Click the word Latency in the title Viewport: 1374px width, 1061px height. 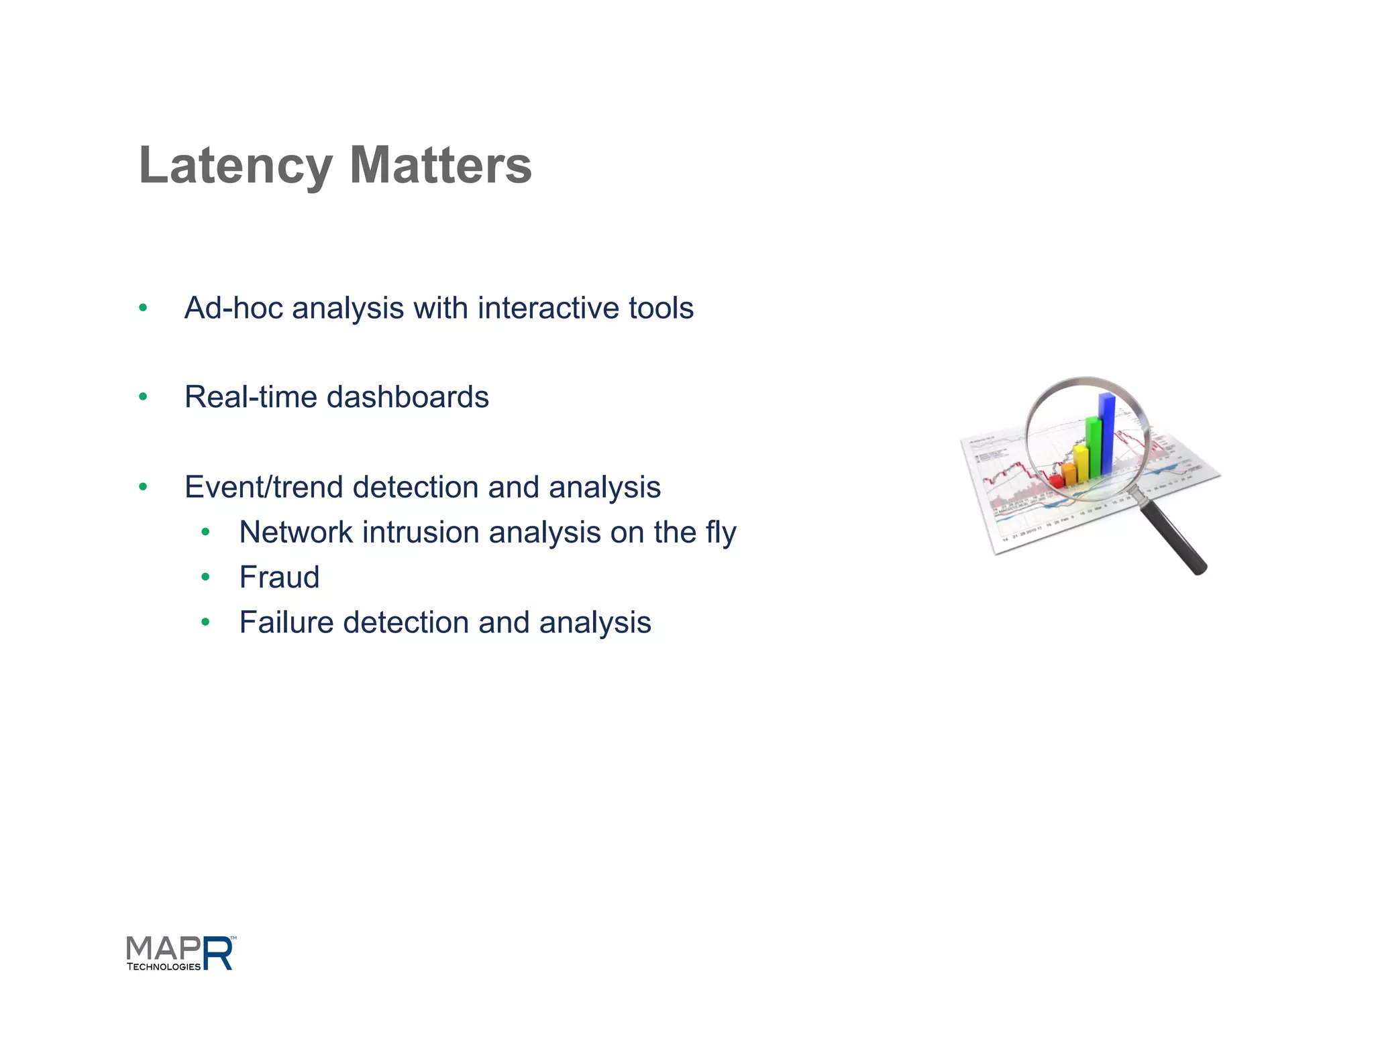click(235, 166)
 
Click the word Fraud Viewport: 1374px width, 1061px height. click(279, 577)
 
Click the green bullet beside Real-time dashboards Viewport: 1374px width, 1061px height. click(143, 397)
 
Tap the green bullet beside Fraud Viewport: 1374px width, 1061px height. click(205, 577)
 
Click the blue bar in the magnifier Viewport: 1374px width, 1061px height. click(1106, 433)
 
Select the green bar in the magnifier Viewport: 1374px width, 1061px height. click(1093, 446)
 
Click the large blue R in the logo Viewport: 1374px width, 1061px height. click(218, 954)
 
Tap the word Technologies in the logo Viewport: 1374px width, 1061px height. click(164, 967)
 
